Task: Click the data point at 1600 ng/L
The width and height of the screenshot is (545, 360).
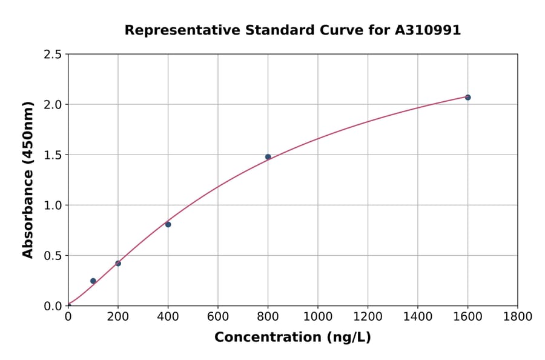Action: click(467, 97)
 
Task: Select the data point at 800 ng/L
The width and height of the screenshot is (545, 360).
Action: click(268, 156)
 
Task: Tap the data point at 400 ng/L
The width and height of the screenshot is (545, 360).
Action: click(168, 224)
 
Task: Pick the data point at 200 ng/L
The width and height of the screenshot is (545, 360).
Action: click(118, 263)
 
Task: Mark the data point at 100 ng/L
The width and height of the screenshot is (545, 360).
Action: click(93, 281)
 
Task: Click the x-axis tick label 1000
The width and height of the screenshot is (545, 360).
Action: click(317, 316)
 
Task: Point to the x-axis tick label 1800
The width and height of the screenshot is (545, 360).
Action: click(517, 316)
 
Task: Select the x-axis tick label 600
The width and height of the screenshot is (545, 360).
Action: click(217, 316)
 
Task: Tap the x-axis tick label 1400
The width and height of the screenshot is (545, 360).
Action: click(417, 316)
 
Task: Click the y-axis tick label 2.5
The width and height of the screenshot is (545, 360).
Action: click(53, 55)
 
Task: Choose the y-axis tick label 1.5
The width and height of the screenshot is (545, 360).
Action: click(53, 155)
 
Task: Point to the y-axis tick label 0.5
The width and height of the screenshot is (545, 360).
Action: click(53, 256)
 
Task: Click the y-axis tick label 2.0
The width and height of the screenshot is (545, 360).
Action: click(53, 105)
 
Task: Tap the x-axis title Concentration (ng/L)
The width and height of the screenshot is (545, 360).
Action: click(292, 337)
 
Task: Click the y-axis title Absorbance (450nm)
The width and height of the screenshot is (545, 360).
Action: click(28, 179)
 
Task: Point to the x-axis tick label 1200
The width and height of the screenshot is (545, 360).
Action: click(368, 316)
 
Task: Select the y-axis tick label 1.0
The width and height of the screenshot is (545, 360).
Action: click(53, 205)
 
